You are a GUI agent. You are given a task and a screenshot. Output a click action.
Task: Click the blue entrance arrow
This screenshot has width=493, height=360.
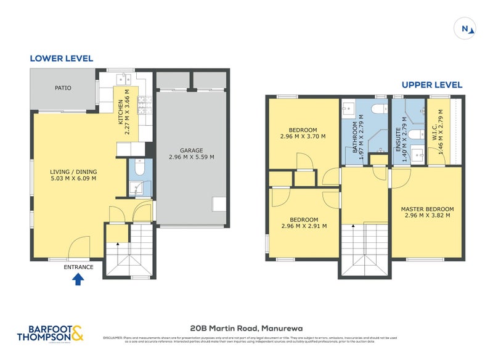(x=78, y=280)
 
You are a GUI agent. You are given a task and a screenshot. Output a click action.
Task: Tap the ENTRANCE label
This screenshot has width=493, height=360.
(x=78, y=267)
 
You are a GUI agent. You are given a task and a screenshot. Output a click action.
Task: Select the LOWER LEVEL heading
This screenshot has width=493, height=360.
(x=62, y=59)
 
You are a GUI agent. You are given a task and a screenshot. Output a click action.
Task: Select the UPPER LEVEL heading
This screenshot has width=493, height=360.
(x=431, y=85)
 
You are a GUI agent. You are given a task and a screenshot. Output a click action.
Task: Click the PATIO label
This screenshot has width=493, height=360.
(x=63, y=88)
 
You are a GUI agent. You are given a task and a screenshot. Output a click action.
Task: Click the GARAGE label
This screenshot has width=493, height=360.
(x=191, y=150)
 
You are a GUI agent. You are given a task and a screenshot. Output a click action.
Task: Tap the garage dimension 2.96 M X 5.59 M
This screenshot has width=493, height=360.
(x=191, y=157)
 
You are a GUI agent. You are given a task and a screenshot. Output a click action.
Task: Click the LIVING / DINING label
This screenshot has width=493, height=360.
(x=73, y=172)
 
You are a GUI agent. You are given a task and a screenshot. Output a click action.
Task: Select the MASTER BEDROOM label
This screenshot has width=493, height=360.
(x=427, y=209)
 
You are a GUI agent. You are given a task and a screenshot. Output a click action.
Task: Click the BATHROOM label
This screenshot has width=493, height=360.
(x=355, y=137)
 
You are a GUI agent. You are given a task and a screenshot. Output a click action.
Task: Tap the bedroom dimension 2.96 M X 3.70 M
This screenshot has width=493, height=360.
(x=303, y=137)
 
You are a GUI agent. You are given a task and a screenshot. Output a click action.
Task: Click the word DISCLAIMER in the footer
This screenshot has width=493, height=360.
(x=115, y=338)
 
